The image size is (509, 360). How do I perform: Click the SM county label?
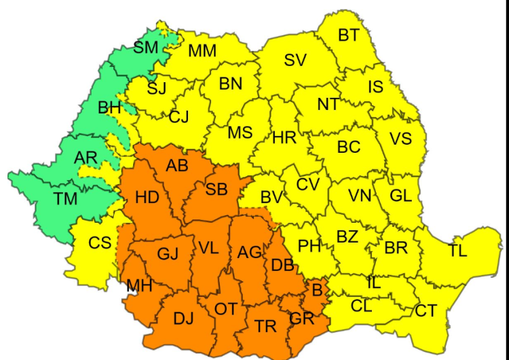coord(146,48)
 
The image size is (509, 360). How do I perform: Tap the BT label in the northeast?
coord(348,35)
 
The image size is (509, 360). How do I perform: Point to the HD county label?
coord(147,198)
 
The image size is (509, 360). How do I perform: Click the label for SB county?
coord(216,190)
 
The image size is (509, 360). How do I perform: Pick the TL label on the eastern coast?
coord(457,251)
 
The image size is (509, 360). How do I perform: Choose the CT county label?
coord(426,311)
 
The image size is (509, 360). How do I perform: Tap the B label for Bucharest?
coord(316,289)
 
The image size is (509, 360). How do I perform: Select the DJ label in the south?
coord(183,318)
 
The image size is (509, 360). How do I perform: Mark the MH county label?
coord(139,286)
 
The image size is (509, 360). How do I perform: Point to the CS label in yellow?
coord(100,242)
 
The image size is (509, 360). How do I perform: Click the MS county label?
coord(240,132)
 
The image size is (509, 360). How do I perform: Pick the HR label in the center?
coord(284,138)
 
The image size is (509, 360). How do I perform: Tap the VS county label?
coord(400,139)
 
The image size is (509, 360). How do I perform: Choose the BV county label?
coord(271,197)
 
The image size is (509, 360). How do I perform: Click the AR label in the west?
coord(86,158)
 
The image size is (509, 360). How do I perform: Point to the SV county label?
coord(295,60)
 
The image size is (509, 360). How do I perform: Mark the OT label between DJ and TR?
coord(226,309)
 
